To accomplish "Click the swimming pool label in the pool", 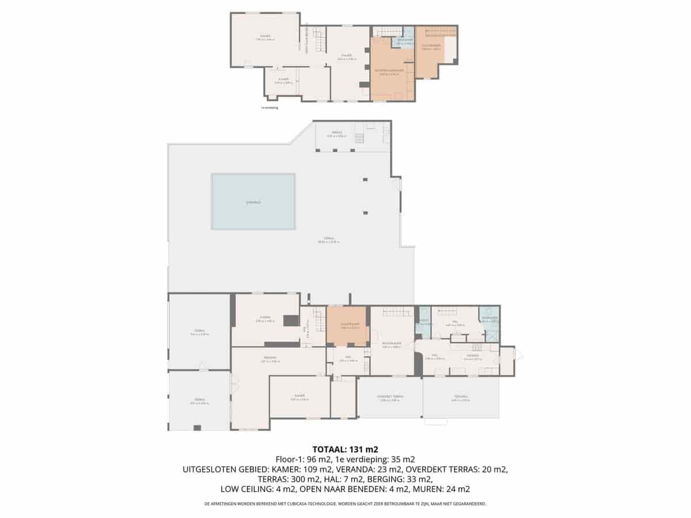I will tap(253, 203).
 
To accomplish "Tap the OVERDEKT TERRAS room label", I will tap(390, 397).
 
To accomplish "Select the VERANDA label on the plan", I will tap(461, 397).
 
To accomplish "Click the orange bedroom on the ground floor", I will tap(347, 326).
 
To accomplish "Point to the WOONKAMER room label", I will tap(391, 344).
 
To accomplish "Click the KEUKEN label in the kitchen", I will tap(472, 357).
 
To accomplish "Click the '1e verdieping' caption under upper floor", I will tap(269, 108).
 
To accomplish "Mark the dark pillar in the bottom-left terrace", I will tap(198, 427).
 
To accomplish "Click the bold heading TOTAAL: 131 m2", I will tap(345, 450).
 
